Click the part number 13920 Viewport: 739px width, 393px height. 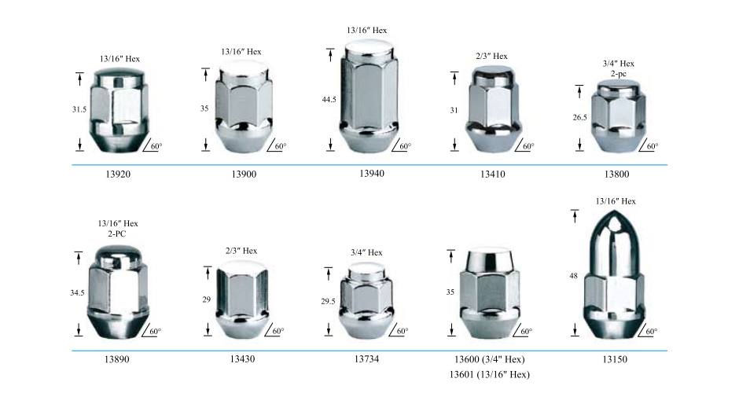click(x=118, y=174)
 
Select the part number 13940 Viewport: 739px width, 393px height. click(x=372, y=174)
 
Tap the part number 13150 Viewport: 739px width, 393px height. click(x=615, y=359)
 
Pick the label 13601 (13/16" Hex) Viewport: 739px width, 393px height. click(x=489, y=375)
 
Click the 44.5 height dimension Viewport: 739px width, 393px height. click(x=329, y=99)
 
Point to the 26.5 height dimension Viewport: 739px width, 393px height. click(x=579, y=117)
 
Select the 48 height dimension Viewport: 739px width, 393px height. click(x=573, y=276)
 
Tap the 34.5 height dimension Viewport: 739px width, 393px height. click(x=77, y=292)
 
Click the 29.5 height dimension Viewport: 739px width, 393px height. click(x=328, y=301)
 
